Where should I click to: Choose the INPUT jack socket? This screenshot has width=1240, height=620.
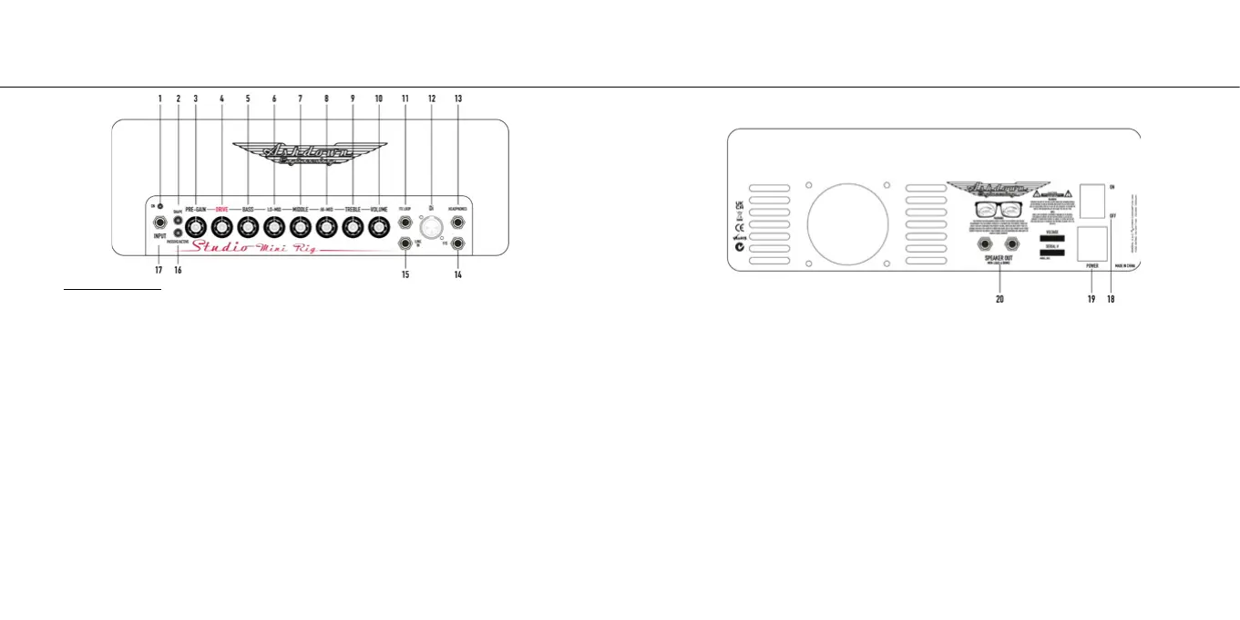point(159,222)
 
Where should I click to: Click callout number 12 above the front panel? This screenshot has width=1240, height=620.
point(432,98)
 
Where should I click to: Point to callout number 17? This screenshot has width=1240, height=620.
point(159,270)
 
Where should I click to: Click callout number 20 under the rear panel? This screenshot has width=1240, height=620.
point(999,298)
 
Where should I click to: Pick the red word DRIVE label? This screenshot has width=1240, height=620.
point(221,210)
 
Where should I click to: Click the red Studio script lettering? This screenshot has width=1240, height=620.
point(220,246)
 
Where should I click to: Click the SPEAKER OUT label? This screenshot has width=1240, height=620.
point(999,258)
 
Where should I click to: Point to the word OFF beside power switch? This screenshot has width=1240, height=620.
point(1113,216)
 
